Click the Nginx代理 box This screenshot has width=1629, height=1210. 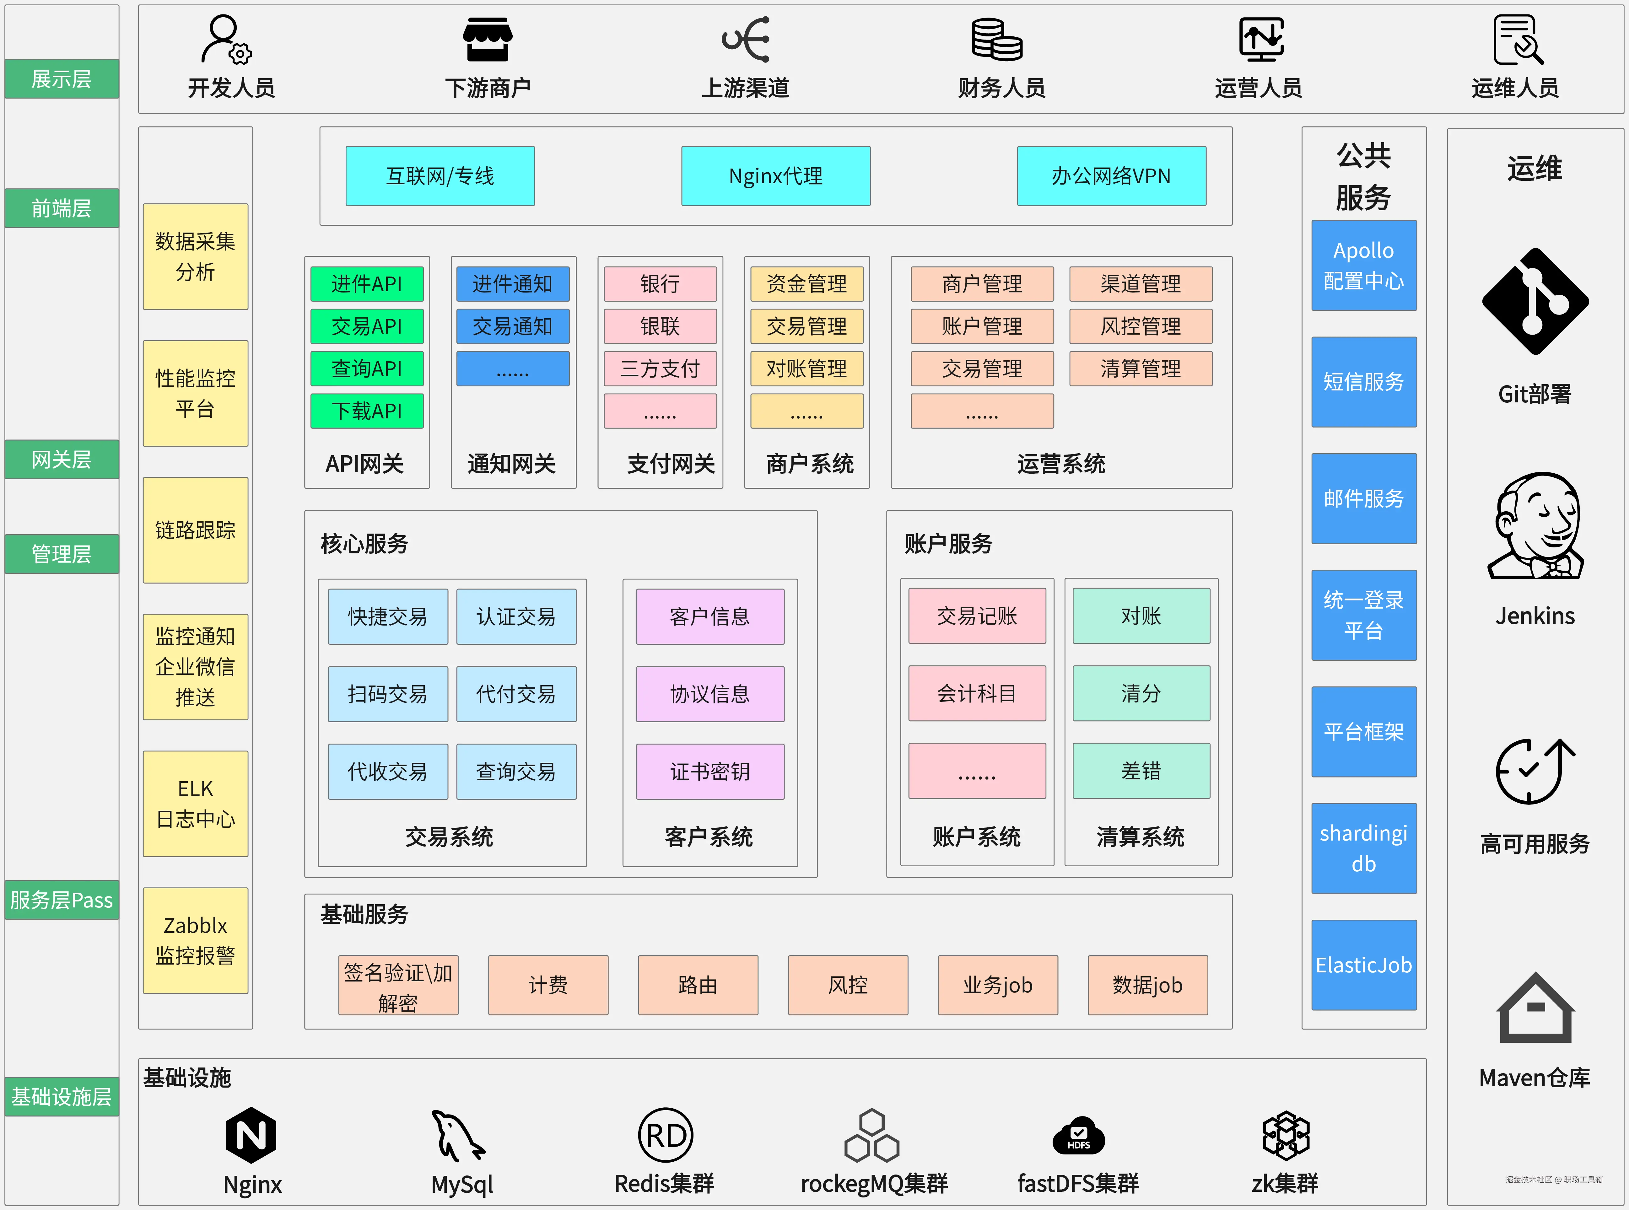pyautogui.click(x=776, y=176)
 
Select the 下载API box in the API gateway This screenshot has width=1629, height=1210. pyautogui.click(x=367, y=411)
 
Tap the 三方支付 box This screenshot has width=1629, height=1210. pyautogui.click(x=660, y=368)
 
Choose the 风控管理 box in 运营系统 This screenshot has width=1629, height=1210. pyautogui.click(x=1141, y=326)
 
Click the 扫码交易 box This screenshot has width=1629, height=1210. pyautogui.click(x=387, y=694)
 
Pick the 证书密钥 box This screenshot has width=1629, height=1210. pyautogui.click(x=710, y=771)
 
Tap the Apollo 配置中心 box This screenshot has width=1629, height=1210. pyautogui.click(x=1363, y=265)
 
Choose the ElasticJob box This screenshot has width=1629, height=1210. pyautogui.click(x=1363, y=965)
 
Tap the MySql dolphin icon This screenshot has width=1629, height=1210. pyautogui.click(x=458, y=1135)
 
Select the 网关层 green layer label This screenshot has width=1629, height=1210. pyautogui.click(x=62, y=459)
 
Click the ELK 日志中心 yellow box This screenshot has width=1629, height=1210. pyautogui.click(x=196, y=804)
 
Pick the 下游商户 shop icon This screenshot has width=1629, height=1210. pyautogui.click(x=487, y=40)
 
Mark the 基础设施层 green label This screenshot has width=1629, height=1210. pyautogui.click(x=62, y=1096)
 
